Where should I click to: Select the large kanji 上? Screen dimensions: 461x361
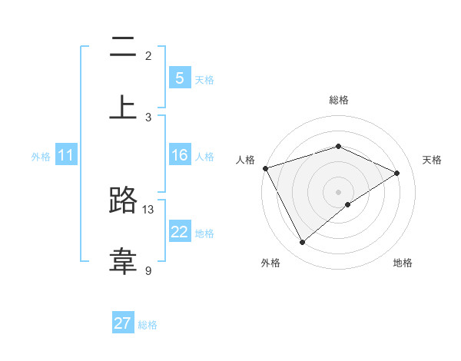coord(123,107)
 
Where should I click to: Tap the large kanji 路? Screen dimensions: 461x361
coord(123,202)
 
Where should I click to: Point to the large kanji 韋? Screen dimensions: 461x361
coord(123,260)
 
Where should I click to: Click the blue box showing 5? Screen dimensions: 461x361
coord(179,78)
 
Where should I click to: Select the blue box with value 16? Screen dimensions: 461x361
coord(179,156)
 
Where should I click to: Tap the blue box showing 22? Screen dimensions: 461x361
coord(179,233)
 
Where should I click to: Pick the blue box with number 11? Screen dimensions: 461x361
coord(65,156)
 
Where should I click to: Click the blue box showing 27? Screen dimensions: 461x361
coord(123,323)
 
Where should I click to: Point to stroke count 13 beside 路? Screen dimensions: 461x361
coord(148,209)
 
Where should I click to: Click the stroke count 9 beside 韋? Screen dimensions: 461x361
coord(148,270)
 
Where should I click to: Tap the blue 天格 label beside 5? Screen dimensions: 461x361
coord(204,79)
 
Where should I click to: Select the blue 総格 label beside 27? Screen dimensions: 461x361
coord(148,325)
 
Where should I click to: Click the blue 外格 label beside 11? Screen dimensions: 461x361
coord(41,157)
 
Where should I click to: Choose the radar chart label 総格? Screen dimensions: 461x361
coord(339,100)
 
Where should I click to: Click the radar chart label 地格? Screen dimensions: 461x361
coord(403,263)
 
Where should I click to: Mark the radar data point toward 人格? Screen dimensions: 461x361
coord(265,168)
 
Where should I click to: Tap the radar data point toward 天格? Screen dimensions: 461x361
coord(397,173)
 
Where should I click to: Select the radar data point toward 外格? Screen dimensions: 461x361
coord(302,243)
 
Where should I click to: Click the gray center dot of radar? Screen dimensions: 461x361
coord(339,192)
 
